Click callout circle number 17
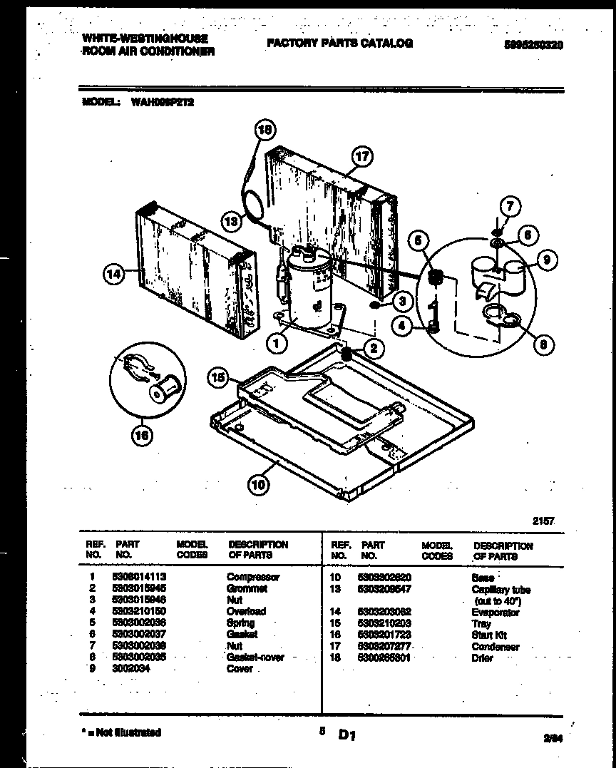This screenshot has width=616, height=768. pyautogui.click(x=363, y=155)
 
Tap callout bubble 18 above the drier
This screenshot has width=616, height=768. pyautogui.click(x=265, y=130)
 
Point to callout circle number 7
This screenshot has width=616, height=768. pyautogui.click(x=510, y=208)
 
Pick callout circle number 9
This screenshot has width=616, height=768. pyautogui.click(x=545, y=260)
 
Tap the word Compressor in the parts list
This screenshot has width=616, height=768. pyautogui.click(x=253, y=577)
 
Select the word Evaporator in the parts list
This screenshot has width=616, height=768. pyautogui.click(x=496, y=613)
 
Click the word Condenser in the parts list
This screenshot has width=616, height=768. pyautogui.click(x=496, y=647)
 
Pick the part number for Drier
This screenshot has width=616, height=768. pyautogui.click(x=384, y=658)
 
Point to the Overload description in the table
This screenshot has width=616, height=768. pyautogui.click(x=246, y=611)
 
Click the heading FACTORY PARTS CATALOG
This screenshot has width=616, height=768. pyautogui.click(x=339, y=43)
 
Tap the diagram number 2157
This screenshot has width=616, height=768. pyautogui.click(x=543, y=521)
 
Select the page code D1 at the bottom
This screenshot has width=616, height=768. pyautogui.click(x=347, y=734)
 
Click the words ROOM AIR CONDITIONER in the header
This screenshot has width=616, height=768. pyautogui.click(x=148, y=52)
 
